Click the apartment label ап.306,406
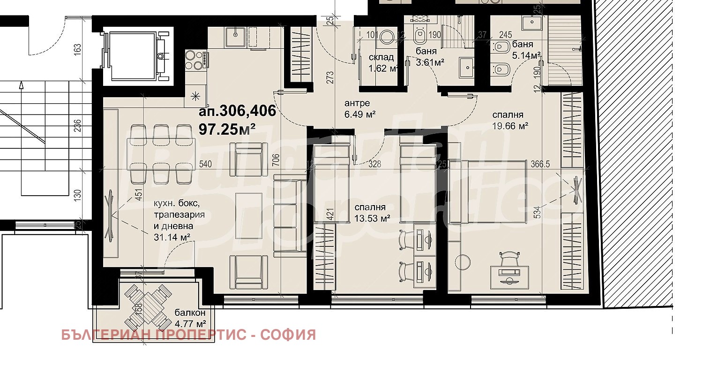pyautogui.click(x=237, y=111)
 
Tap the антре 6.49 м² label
pyautogui.click(x=359, y=109)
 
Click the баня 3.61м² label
pyautogui.click(x=429, y=56)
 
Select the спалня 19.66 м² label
pyautogui.click(x=510, y=120)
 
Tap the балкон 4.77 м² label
pyautogui.click(x=190, y=318)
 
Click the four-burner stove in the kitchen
pyautogui.click(x=197, y=60)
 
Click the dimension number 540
pyautogui.click(x=205, y=164)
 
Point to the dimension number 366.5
pyautogui.click(x=540, y=164)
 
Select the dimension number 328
pyautogui.click(x=374, y=164)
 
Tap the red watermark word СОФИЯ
pyautogui.click(x=288, y=335)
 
